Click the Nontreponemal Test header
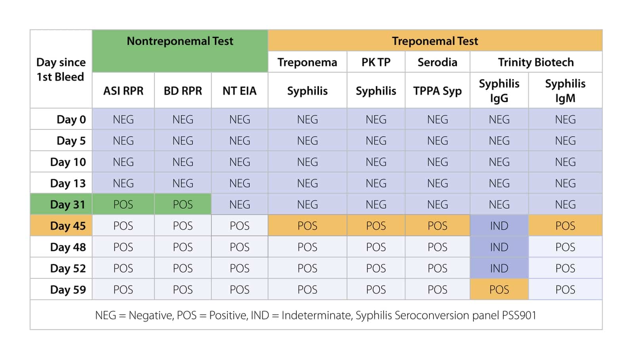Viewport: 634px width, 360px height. click(180, 41)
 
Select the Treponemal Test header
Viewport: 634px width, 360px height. click(435, 41)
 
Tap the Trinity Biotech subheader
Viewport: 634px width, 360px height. click(536, 62)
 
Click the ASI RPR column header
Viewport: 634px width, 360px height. click(123, 91)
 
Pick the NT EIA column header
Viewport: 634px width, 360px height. click(239, 91)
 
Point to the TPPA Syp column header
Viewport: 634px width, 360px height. click(437, 91)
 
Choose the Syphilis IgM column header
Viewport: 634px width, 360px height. click(565, 91)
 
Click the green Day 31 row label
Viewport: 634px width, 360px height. click(61, 204)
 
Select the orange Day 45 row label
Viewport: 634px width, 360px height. click(61, 226)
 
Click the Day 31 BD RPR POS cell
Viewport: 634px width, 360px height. click(183, 204)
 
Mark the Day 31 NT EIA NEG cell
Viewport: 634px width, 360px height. click(239, 204)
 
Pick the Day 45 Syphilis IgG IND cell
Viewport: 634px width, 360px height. click(499, 226)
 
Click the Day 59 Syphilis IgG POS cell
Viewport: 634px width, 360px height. click(499, 290)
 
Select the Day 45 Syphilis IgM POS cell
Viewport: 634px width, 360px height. click(565, 226)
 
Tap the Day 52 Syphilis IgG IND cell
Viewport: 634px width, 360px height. click(499, 268)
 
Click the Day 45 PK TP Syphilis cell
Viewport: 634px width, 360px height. click(376, 226)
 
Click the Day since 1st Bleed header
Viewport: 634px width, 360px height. click(61, 69)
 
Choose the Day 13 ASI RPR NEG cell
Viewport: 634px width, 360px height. click(123, 183)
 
